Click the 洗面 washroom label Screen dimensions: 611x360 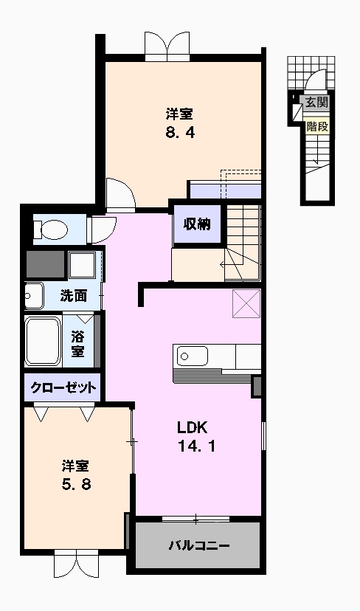pos(74,296)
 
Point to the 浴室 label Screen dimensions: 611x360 pos(77,343)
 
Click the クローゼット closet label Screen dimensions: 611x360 pos(62,387)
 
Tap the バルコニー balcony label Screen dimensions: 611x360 pos(198,547)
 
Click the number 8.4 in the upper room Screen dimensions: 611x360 pos(181,134)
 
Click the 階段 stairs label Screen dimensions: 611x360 pos(317,126)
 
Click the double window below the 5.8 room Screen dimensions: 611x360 pos(75,567)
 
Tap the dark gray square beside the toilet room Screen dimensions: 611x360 pos(46,264)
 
